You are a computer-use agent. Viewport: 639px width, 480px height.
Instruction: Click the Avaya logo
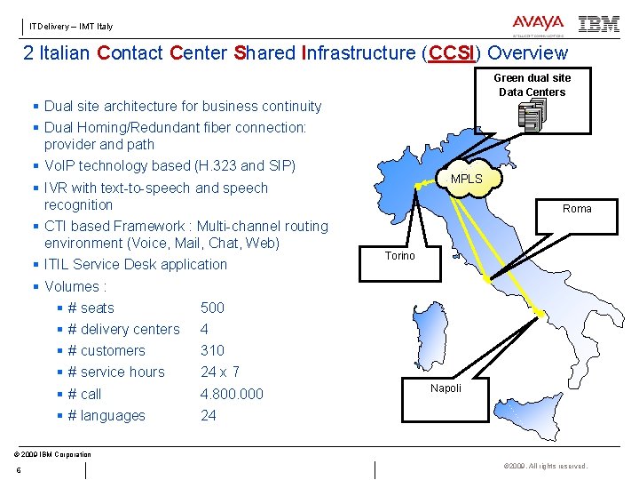point(537,25)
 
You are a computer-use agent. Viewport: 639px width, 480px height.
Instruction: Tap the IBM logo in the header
point(599,25)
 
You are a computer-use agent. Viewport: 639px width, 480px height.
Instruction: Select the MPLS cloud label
point(466,179)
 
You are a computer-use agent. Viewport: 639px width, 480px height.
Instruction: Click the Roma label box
point(576,209)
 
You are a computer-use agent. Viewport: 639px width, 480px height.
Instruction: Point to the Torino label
point(399,256)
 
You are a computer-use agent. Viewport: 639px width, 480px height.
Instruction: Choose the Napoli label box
point(446,388)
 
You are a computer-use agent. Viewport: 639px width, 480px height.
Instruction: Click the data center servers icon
point(532,115)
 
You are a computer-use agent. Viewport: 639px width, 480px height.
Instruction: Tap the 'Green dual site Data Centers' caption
point(532,84)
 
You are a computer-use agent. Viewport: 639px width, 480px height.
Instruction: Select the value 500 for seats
point(212,308)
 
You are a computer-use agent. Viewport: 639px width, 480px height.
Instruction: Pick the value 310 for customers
point(212,350)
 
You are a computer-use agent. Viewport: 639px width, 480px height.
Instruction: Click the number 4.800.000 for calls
point(232,394)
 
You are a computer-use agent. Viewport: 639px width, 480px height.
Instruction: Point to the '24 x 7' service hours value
point(220,372)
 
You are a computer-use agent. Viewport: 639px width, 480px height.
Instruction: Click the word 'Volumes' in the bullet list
point(75,286)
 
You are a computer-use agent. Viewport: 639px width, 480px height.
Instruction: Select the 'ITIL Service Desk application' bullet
point(135,264)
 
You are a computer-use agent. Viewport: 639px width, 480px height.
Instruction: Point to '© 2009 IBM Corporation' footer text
point(53,454)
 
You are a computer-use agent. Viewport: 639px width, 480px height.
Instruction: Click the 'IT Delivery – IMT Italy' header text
point(71,27)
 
